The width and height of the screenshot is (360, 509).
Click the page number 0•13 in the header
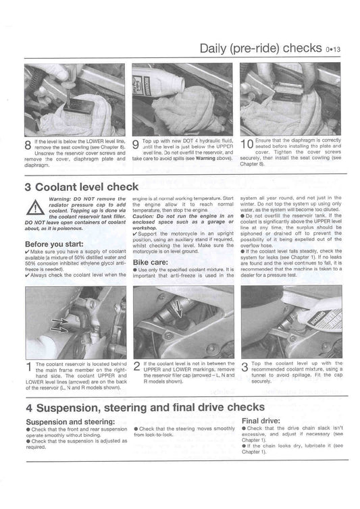click(x=333, y=49)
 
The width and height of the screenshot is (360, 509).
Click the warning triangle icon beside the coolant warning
click(x=35, y=207)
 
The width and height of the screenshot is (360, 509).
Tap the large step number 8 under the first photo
click(x=28, y=144)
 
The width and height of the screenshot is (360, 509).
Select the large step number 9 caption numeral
click(x=136, y=144)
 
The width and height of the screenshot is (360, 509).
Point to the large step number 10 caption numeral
click(x=247, y=144)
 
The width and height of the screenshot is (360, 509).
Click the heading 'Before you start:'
click(x=54, y=244)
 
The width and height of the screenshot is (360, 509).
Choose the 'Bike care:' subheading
click(x=151, y=263)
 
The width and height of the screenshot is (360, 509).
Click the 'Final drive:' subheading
click(x=261, y=421)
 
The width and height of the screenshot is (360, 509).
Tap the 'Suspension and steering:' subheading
click(x=70, y=422)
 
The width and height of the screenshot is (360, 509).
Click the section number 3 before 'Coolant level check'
click(x=28, y=187)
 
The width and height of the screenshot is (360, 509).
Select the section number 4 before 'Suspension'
click(x=29, y=408)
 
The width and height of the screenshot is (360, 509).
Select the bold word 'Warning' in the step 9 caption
click(x=205, y=159)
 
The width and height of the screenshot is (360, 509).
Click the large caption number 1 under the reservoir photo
click(x=29, y=367)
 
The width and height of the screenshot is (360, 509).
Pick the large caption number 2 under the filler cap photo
click(x=137, y=367)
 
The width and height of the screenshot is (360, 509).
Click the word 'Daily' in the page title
click(x=213, y=49)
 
